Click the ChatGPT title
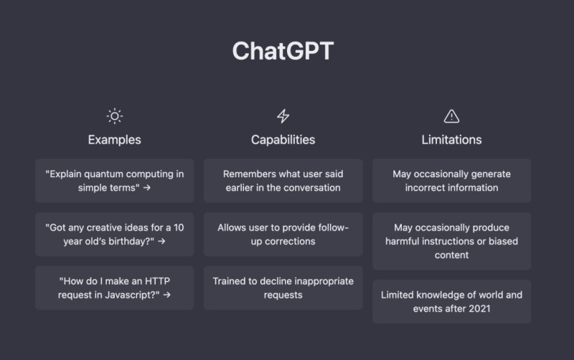pos(283,52)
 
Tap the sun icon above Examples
pos(114,116)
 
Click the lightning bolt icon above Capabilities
pos(283,116)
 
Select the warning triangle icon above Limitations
pos(451,116)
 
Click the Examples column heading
pos(114,140)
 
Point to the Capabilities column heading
pos(283,140)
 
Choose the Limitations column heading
pos(451,140)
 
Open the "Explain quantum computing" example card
pos(114,181)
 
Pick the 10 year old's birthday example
pos(114,234)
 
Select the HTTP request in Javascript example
pos(114,288)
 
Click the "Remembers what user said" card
pos(283,181)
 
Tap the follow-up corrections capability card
pos(283,234)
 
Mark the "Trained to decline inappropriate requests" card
pos(283,288)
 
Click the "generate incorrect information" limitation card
pos(451,181)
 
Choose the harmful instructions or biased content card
pos(451,241)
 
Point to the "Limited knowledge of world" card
pos(451,301)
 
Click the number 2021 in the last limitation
pos(484,308)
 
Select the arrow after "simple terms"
pos(146,188)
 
